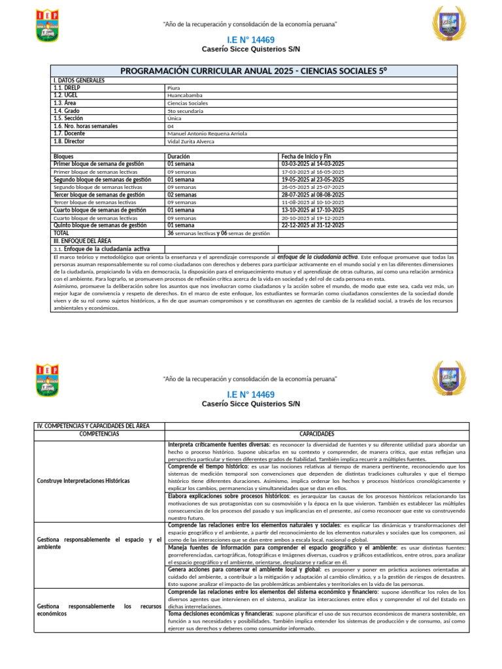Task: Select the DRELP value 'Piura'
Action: [x=173, y=88]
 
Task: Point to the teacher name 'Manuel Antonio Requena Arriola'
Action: [x=207, y=133]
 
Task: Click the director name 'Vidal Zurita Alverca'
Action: [x=190, y=141]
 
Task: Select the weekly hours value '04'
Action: [x=171, y=126]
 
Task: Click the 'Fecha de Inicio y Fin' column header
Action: [x=307, y=157]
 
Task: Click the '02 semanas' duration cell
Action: [x=181, y=195]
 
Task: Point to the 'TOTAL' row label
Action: [x=61, y=233]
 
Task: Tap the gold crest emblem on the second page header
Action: [x=449, y=379]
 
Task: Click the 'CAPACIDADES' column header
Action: [x=316, y=434]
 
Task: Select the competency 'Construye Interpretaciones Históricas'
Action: [x=84, y=481]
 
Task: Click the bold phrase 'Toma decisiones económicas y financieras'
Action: [x=220, y=613]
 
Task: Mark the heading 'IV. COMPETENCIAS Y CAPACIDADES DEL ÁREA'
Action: [x=93, y=426]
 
